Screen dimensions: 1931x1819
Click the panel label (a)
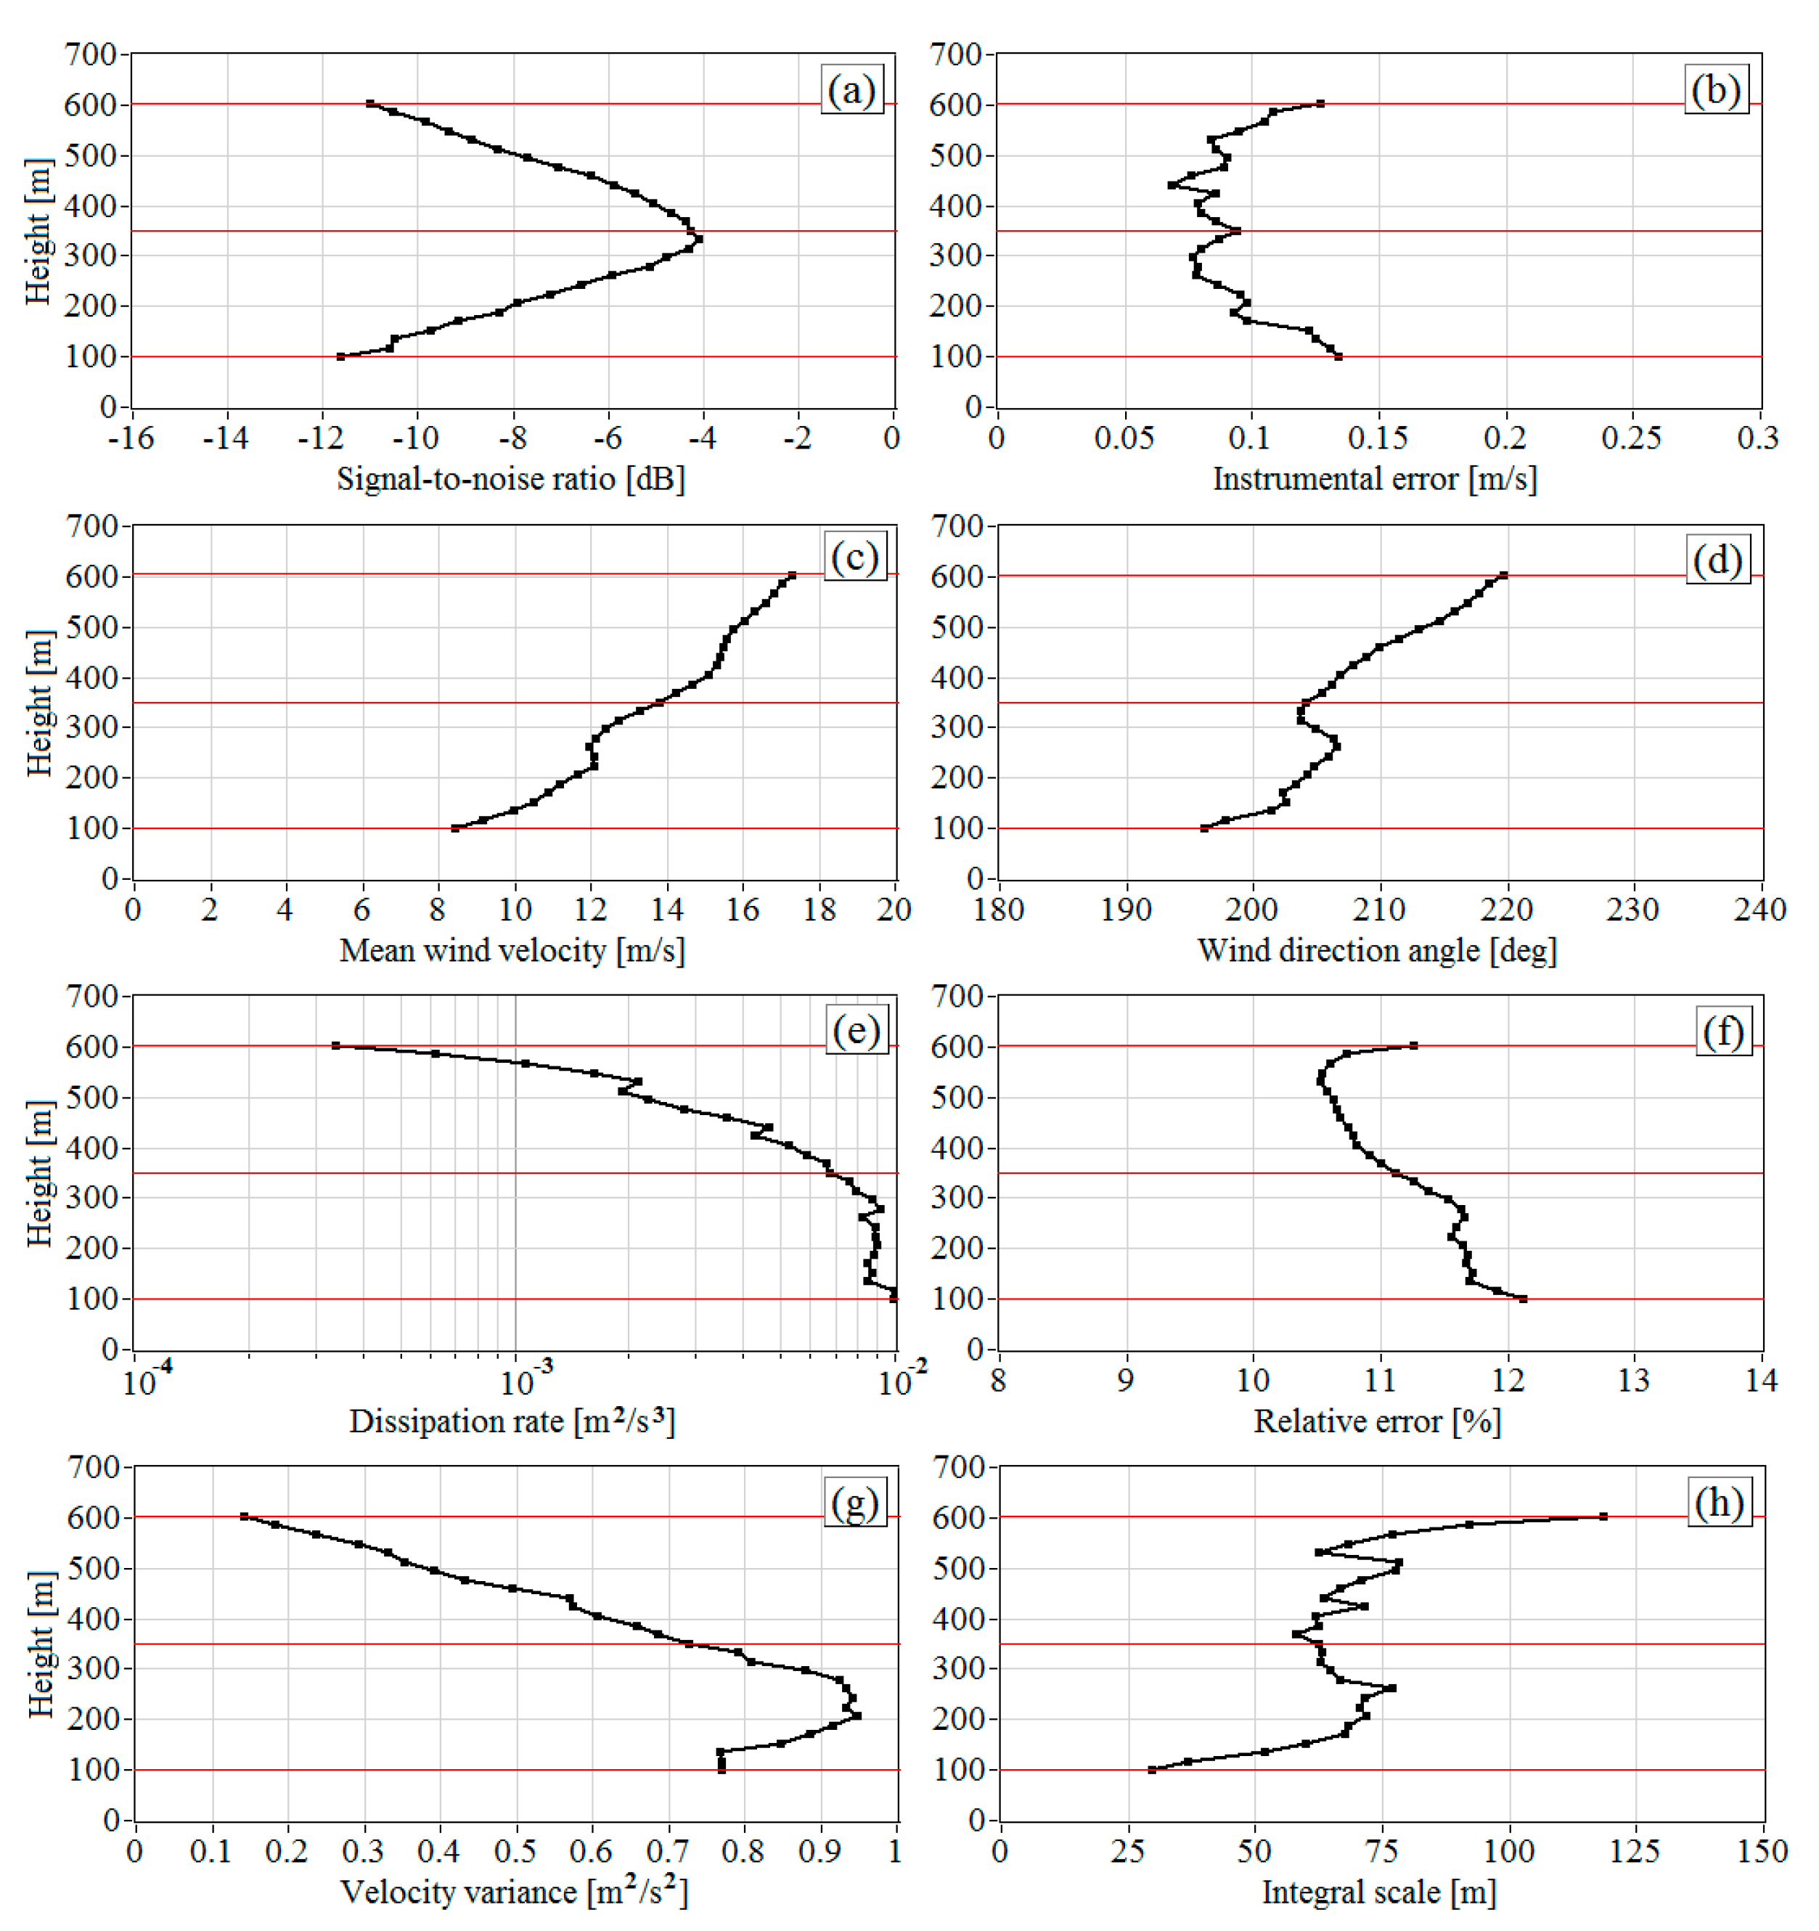click(x=851, y=90)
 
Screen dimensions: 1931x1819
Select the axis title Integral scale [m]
click(x=1378, y=1891)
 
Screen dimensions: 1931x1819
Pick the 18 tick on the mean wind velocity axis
click(x=819, y=910)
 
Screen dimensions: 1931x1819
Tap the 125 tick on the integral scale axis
click(x=1635, y=1850)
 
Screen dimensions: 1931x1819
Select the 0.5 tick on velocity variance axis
click(x=515, y=1850)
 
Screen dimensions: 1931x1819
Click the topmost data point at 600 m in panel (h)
click(x=1603, y=1516)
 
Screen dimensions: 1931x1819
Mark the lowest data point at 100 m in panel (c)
click(x=454, y=828)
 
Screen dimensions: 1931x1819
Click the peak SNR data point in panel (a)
click(x=698, y=239)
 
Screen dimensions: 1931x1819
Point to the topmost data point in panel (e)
click(x=336, y=1045)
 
